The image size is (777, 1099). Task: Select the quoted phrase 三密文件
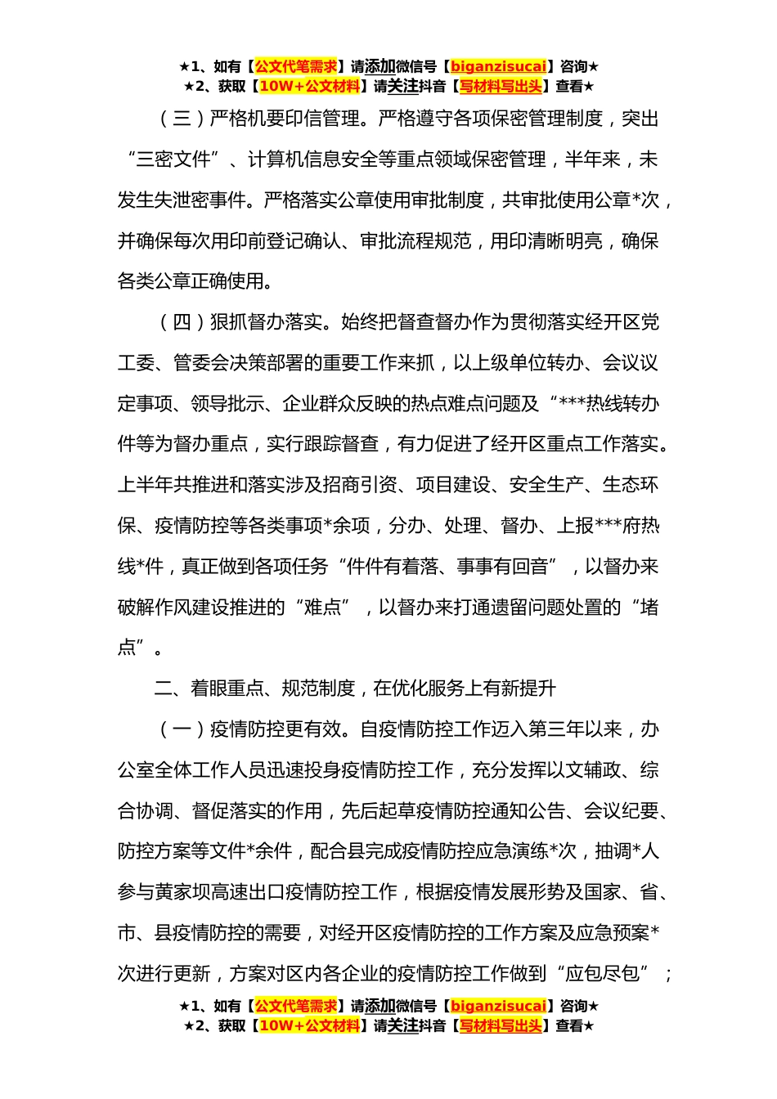[173, 160]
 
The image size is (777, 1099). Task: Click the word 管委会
[201, 364]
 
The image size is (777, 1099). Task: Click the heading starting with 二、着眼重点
[355, 689]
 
